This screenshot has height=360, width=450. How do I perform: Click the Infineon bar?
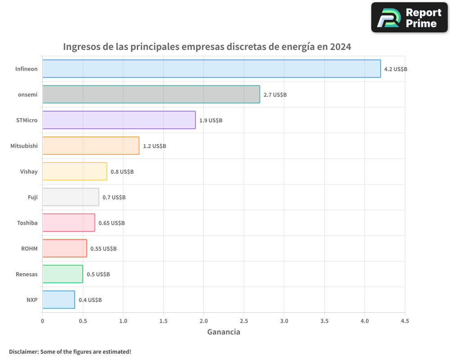click(211, 69)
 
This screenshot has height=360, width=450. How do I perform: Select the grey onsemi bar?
click(151, 94)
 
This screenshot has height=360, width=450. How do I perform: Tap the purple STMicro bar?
click(119, 120)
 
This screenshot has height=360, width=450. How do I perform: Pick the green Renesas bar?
click(63, 274)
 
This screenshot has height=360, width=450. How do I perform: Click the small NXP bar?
click(58, 300)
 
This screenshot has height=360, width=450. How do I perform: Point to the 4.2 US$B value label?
click(396, 69)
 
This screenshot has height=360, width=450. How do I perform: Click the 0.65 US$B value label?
click(112, 223)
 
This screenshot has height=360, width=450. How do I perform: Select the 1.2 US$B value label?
click(154, 146)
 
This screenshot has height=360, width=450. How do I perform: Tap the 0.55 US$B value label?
click(103, 249)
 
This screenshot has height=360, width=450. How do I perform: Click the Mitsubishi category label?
click(24, 146)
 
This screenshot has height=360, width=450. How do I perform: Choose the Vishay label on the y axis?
click(29, 171)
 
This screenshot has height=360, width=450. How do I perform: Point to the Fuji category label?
click(33, 197)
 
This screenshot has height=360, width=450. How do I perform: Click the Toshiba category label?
click(27, 223)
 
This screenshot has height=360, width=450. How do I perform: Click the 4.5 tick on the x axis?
click(405, 321)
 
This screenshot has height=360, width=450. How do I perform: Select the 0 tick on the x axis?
click(43, 321)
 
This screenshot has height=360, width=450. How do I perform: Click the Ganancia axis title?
click(224, 332)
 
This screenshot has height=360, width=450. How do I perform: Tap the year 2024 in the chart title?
click(340, 47)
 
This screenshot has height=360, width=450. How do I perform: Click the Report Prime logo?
click(409, 18)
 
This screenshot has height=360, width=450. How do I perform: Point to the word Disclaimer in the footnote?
click(23, 351)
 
